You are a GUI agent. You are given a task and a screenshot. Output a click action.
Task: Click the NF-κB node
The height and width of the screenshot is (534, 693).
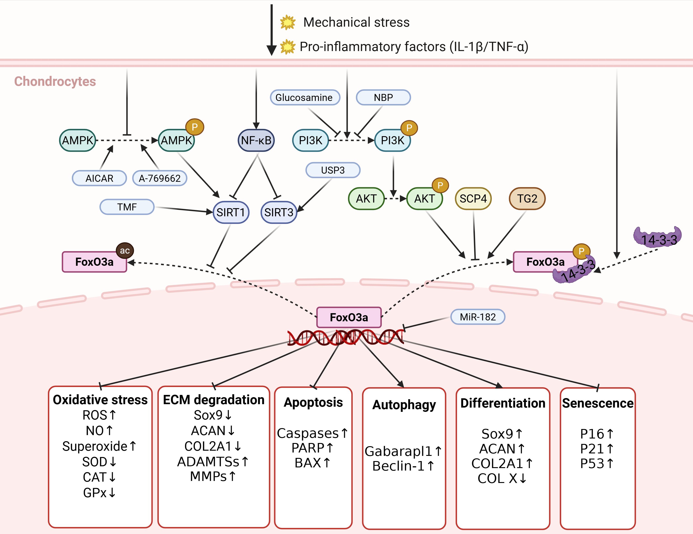click(x=256, y=140)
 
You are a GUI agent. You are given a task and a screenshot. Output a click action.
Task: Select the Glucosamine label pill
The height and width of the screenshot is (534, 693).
click(x=305, y=97)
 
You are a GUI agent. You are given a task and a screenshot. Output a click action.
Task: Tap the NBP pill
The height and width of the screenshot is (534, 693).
click(x=383, y=97)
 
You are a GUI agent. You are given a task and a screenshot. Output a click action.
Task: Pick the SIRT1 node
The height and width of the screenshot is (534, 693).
click(x=231, y=212)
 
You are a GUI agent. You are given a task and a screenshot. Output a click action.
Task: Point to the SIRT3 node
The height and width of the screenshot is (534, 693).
click(x=279, y=212)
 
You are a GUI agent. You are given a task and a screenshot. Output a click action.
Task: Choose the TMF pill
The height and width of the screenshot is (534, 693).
click(x=127, y=207)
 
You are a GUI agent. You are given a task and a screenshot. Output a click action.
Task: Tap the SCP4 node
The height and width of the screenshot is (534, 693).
click(x=473, y=199)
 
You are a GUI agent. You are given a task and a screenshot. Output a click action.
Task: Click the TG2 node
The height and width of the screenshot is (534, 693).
click(x=527, y=199)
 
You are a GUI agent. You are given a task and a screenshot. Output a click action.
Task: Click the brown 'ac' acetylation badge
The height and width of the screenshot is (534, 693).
click(x=125, y=251)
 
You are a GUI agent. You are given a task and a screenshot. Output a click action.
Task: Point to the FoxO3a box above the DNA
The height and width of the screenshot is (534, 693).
click(x=349, y=317)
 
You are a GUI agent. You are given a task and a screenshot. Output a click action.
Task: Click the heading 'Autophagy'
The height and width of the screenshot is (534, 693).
click(x=404, y=405)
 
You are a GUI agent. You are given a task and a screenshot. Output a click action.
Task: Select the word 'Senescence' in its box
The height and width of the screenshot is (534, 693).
click(x=597, y=403)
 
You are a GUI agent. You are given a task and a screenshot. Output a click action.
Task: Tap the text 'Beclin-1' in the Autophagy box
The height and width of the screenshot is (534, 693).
click(x=398, y=466)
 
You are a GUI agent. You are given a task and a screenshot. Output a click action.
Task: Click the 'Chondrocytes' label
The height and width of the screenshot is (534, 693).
click(x=55, y=81)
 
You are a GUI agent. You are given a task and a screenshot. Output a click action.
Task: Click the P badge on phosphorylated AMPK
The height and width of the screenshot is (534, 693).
click(x=194, y=127)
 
